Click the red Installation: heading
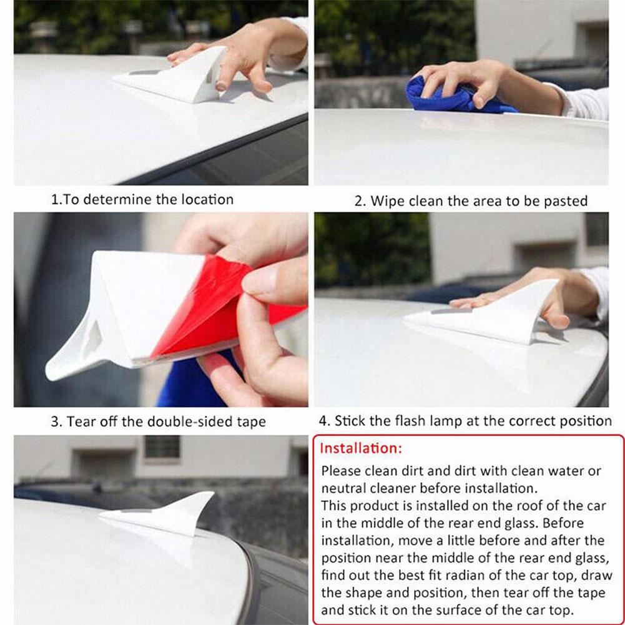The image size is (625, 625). [361, 448]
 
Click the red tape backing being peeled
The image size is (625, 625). [215, 307]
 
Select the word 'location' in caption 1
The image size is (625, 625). [207, 199]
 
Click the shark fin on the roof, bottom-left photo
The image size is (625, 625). [159, 514]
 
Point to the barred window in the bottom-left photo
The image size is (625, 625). [162, 447]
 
